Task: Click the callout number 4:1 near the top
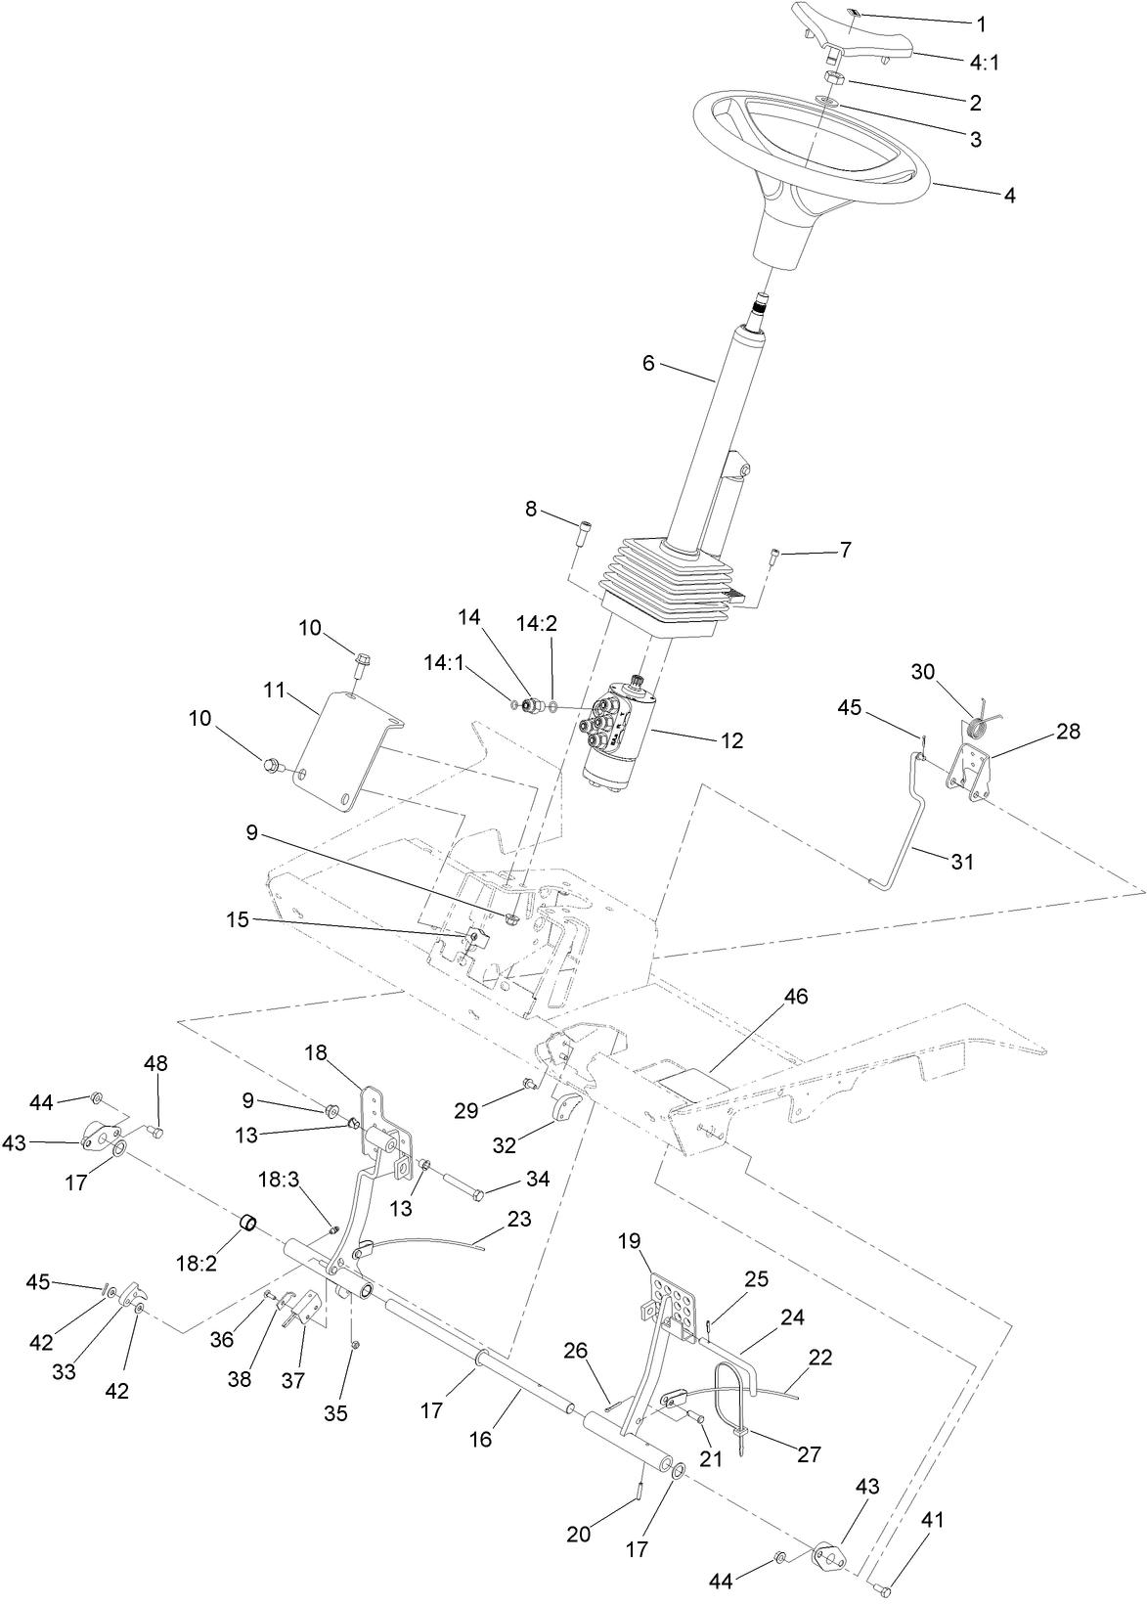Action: (x=986, y=63)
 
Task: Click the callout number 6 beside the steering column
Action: (x=648, y=363)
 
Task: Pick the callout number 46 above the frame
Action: (x=796, y=997)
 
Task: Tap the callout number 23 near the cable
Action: (x=519, y=1220)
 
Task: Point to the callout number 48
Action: (x=156, y=1063)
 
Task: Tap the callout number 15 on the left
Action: (x=238, y=920)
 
